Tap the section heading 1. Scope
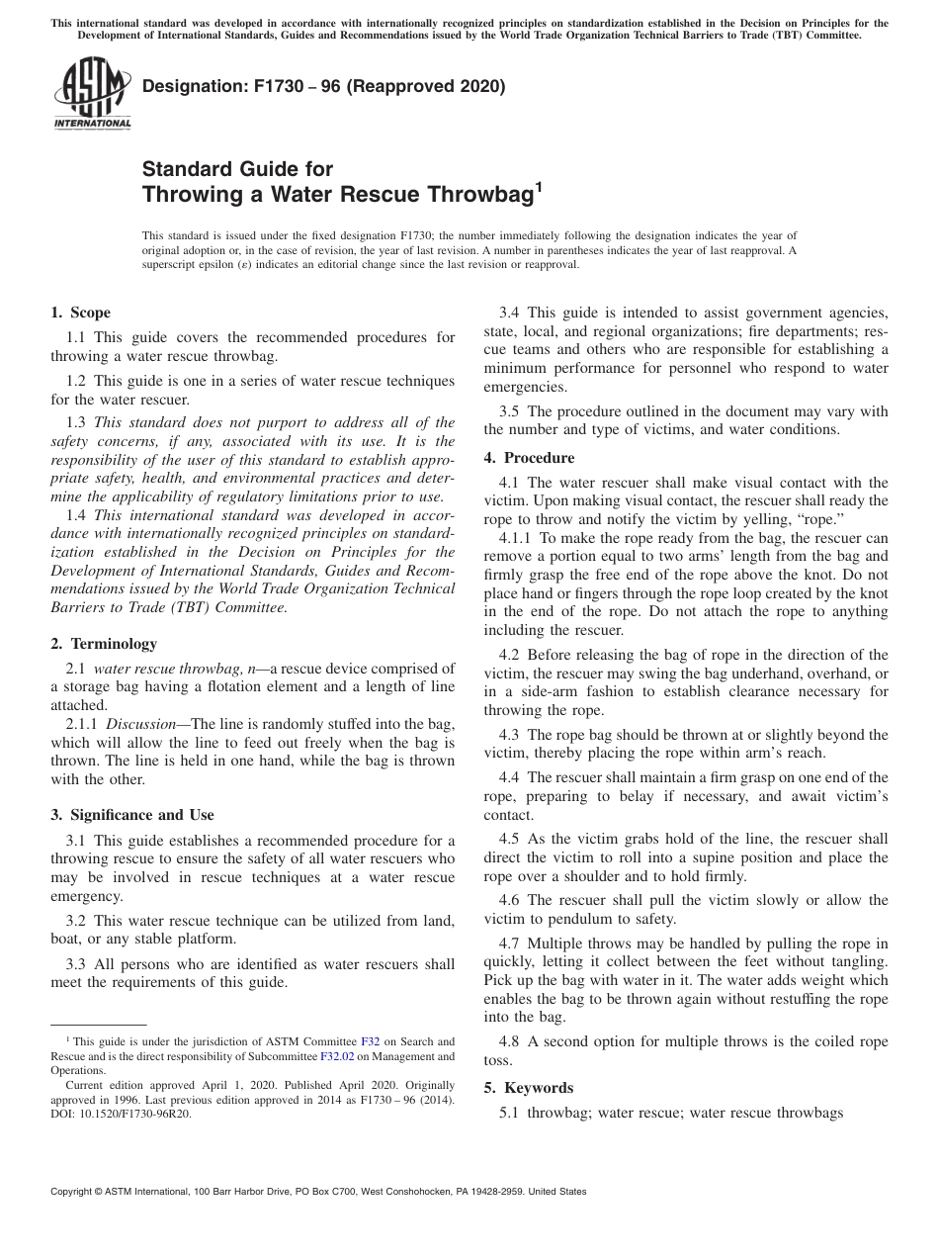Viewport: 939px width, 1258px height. coord(80,313)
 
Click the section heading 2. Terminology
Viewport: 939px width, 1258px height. coord(104,644)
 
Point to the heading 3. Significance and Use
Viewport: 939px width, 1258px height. coord(131,815)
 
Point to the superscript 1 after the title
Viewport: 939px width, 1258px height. coord(539,185)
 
